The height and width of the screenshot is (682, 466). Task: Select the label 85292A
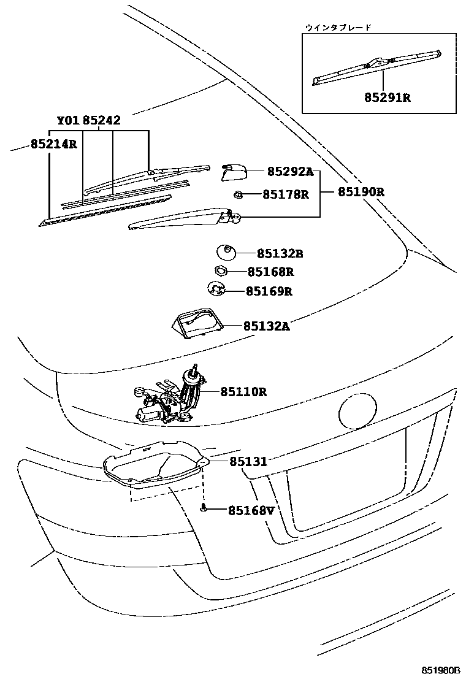pyautogui.click(x=289, y=172)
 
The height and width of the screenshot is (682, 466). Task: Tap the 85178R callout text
pyautogui.click(x=285, y=194)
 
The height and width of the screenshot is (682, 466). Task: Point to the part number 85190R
pyautogui.click(x=361, y=191)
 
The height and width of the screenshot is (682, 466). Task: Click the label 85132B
pyautogui.click(x=280, y=253)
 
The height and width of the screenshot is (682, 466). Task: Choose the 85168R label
pyautogui.click(x=271, y=271)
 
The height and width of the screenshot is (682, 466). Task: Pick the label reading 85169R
pyautogui.click(x=269, y=291)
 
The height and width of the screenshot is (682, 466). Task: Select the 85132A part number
pyautogui.click(x=266, y=326)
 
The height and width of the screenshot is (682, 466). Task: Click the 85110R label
pyautogui.click(x=243, y=391)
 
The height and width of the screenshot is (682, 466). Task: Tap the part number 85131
pyautogui.click(x=248, y=461)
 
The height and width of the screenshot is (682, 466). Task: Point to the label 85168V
pyautogui.click(x=251, y=510)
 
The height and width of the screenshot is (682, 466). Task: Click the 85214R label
pyautogui.click(x=53, y=145)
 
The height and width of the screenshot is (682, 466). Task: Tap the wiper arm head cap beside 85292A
pyautogui.click(x=233, y=172)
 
